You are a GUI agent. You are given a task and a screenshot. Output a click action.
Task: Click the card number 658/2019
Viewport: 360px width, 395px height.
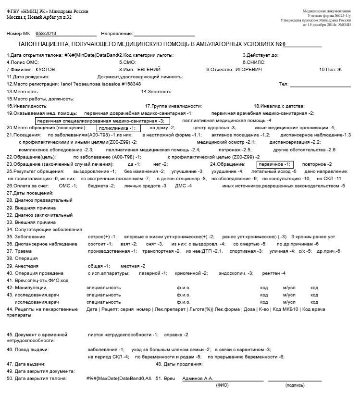pyautogui.click(x=46, y=33)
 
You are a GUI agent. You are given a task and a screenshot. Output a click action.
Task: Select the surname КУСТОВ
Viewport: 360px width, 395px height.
pyautogui.click(x=45, y=69)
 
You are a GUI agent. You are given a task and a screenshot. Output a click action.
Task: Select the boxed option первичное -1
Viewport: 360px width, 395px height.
pyautogui.click(x=274, y=164)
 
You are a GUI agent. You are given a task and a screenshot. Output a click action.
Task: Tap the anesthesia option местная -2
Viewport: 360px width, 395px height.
pyautogui.click(x=133, y=266)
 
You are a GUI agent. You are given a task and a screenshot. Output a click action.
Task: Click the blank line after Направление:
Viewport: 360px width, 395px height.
pyautogui.click(x=164, y=33)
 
